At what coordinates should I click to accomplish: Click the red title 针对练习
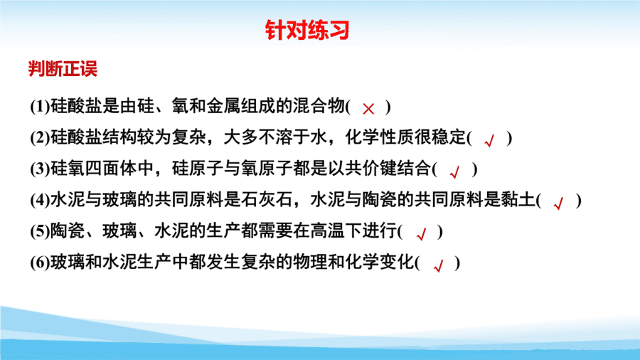click(x=307, y=30)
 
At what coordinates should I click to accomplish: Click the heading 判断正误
click(x=63, y=68)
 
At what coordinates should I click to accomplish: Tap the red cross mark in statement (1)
click(x=368, y=109)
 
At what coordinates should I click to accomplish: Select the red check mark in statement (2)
click(x=489, y=140)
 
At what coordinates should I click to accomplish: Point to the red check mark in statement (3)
click(x=454, y=172)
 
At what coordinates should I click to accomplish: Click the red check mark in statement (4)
click(x=559, y=203)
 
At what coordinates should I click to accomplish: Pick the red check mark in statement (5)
click(x=421, y=234)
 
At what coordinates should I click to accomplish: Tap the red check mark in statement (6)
click(x=439, y=265)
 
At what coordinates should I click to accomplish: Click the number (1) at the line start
click(x=40, y=107)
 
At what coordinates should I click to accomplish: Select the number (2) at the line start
click(x=40, y=137)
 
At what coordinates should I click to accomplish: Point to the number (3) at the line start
click(x=40, y=169)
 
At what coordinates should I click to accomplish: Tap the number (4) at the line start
click(x=40, y=200)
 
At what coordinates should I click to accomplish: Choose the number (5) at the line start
click(x=40, y=231)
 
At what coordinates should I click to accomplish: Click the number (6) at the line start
click(x=40, y=263)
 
